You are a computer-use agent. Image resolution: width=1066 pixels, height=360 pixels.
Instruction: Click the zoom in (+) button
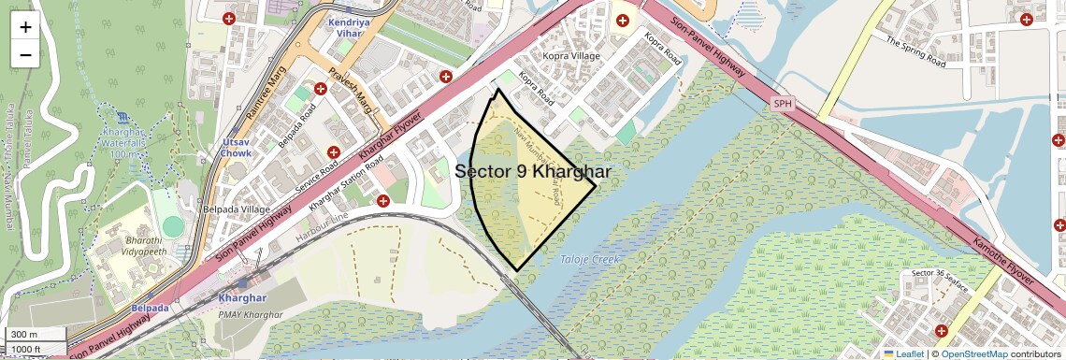tap(25, 27)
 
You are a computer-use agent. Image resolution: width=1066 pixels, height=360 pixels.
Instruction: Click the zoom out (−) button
tap(25, 54)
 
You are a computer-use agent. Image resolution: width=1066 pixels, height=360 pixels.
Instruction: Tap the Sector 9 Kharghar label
tap(533, 172)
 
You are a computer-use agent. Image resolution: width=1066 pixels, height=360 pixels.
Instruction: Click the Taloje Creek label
tap(589, 259)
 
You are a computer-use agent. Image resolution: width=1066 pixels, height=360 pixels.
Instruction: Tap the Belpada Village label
tap(237, 210)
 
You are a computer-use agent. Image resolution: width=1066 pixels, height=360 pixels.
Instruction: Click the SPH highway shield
tap(783, 103)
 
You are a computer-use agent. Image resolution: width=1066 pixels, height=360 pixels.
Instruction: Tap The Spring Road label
tap(916, 48)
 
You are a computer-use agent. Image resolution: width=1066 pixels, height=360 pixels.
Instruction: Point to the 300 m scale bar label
tap(24, 335)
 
